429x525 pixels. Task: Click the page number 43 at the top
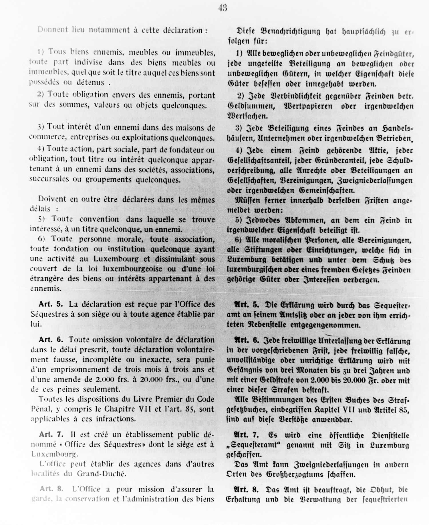[x=223, y=8]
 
